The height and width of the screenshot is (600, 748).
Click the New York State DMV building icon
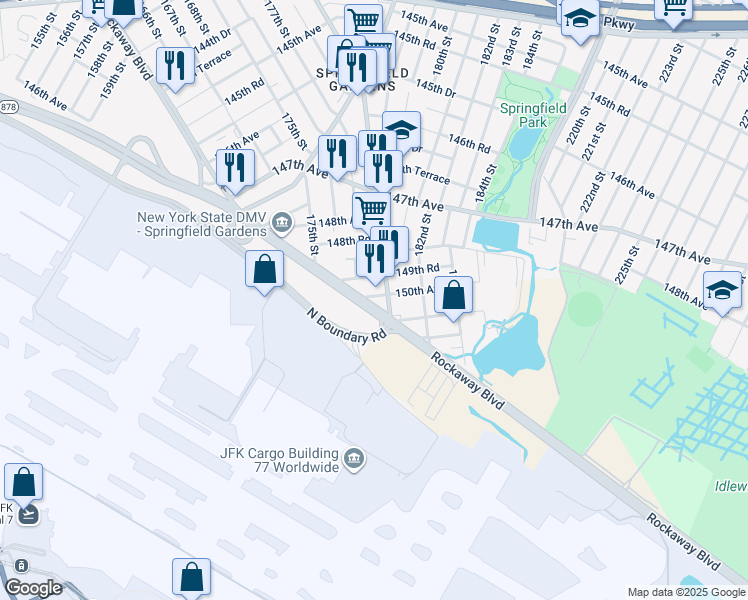pyautogui.click(x=281, y=220)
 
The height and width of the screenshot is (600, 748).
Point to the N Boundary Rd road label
pyautogui.click(x=346, y=326)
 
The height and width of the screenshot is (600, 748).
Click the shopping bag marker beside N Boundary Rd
pyautogui.click(x=264, y=270)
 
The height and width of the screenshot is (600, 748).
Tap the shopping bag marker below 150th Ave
pyautogui.click(x=453, y=295)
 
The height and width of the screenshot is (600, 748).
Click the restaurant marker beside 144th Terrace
pyautogui.click(x=176, y=66)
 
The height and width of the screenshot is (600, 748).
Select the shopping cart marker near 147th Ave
pyautogui.click(x=371, y=209)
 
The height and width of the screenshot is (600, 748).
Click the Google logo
pyautogui.click(x=33, y=588)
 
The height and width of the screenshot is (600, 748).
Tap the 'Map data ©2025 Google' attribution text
pyautogui.click(x=686, y=592)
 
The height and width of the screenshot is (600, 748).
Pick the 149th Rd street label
pyautogui.click(x=418, y=270)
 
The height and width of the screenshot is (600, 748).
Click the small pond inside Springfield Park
pyautogui.click(x=522, y=143)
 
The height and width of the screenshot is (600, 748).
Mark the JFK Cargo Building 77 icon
pyautogui.click(x=353, y=459)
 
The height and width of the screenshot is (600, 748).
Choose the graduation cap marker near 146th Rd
pyautogui.click(x=401, y=129)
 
